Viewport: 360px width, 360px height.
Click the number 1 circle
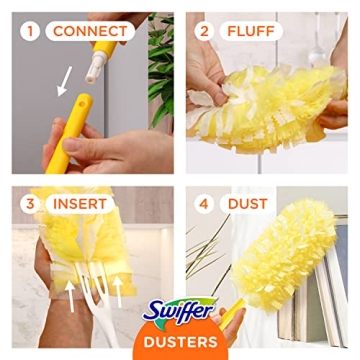pos(31,30)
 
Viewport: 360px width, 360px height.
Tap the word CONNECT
pos(91,30)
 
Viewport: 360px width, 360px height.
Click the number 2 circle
pos(206,30)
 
